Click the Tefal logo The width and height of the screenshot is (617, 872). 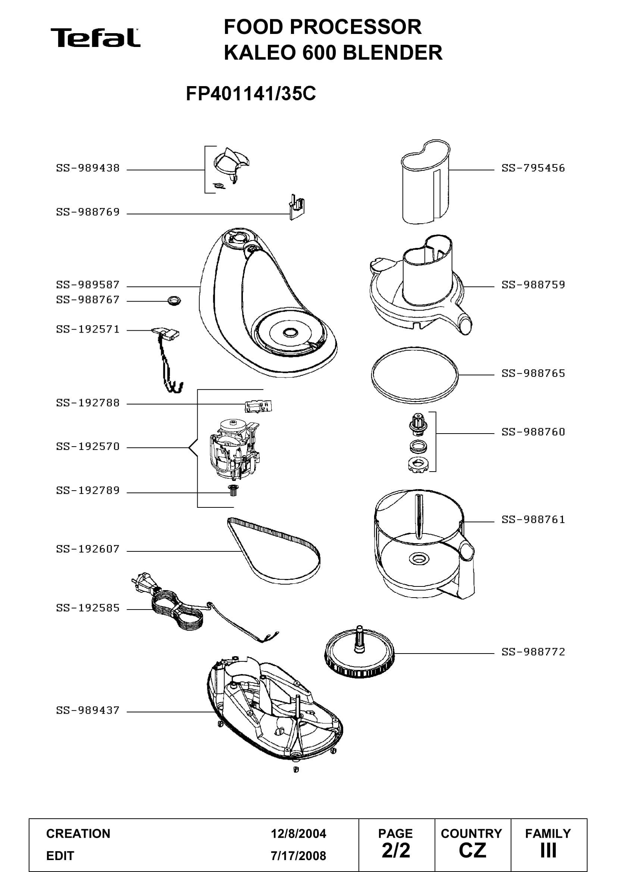[x=95, y=38]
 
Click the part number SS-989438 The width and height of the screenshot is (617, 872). [x=88, y=168]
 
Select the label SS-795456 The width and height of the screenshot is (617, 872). [x=533, y=168]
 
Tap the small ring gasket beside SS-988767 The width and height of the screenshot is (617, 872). [x=174, y=301]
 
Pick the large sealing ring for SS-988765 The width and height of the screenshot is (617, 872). [x=415, y=374]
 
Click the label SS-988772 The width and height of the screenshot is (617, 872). [x=533, y=652]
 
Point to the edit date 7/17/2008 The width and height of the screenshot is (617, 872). [x=298, y=856]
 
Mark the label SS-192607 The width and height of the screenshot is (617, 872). [x=88, y=549]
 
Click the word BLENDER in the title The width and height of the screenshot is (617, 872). [x=393, y=53]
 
